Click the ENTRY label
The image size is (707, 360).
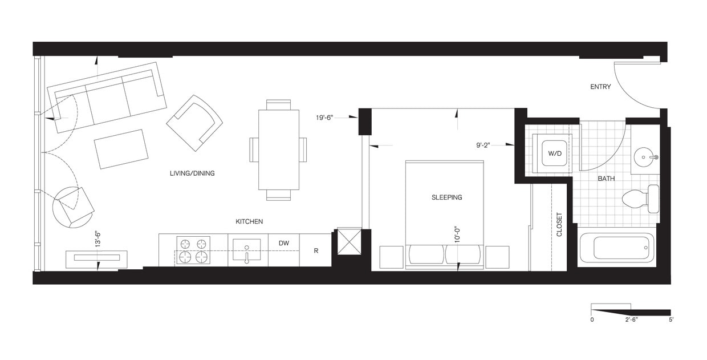[x=600, y=87]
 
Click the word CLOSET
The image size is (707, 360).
[x=559, y=225]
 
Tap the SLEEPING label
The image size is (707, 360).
[x=446, y=197]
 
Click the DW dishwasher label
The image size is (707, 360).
[x=284, y=244]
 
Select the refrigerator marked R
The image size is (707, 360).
[x=316, y=250]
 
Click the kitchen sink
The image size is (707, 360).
[x=247, y=249]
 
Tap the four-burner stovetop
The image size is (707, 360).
[x=192, y=250]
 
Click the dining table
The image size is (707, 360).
[x=278, y=149]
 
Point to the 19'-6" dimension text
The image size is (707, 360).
[x=328, y=118]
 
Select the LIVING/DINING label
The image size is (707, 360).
[x=192, y=173]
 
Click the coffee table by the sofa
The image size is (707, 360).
[x=121, y=149]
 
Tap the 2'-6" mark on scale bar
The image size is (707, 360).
[x=631, y=320]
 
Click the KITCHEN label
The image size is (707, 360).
[x=249, y=221]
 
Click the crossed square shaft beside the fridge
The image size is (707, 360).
[x=349, y=241]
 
